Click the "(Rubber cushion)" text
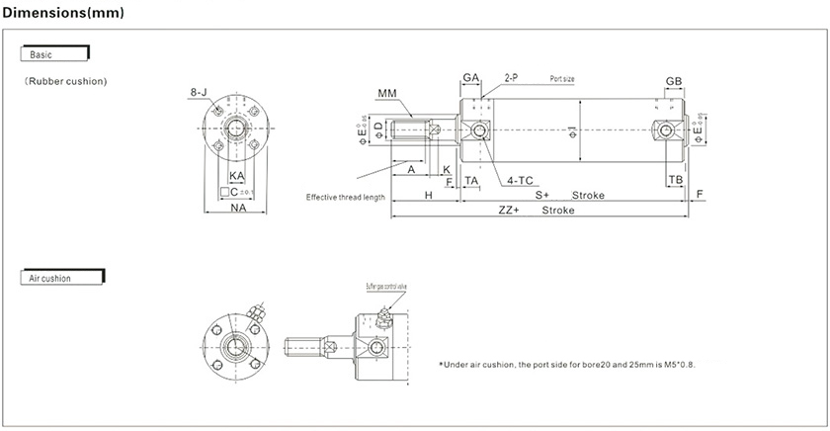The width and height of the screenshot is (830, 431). [x=65, y=81]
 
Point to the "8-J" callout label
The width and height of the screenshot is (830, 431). [x=199, y=93]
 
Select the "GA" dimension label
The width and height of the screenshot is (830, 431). [x=470, y=77]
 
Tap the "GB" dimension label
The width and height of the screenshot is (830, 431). [x=673, y=81]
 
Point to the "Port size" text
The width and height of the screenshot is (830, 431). [x=562, y=77]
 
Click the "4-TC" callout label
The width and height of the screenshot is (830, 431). [x=520, y=181]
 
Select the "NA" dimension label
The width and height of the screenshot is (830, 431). [x=238, y=209]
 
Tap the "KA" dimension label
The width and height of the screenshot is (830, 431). [x=237, y=176]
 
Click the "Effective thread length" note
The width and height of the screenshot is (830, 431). [x=345, y=197]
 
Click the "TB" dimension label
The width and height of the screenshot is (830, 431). [x=675, y=180]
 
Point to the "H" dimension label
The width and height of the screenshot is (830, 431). [x=429, y=196]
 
